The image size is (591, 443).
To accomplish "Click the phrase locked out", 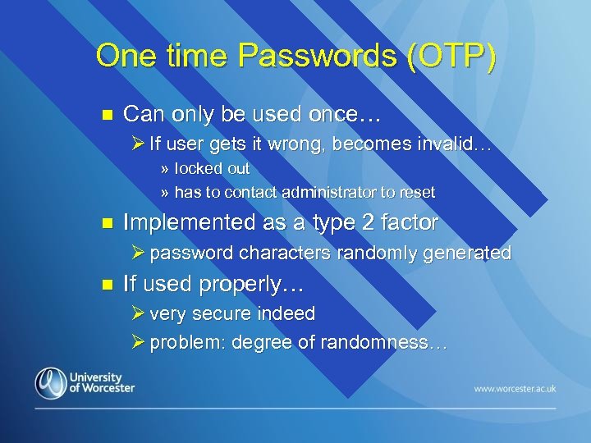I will pyautogui.click(x=212, y=168).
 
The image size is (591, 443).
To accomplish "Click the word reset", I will pyautogui.click(x=418, y=193).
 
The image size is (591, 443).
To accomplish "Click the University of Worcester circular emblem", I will pyautogui.click(x=51, y=383).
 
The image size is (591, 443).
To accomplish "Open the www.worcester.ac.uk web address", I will pyautogui.click(x=514, y=386).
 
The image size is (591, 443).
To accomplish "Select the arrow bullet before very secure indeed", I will pyautogui.click(x=137, y=313).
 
